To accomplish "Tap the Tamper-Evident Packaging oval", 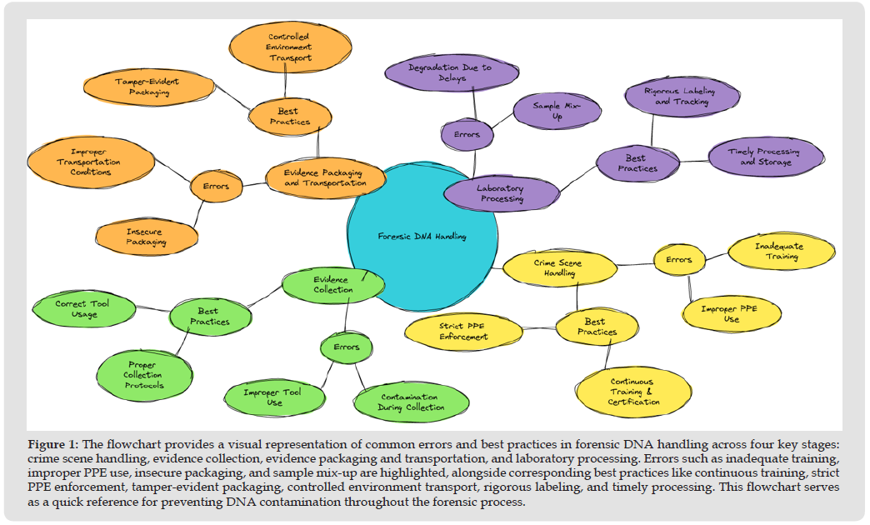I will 150,87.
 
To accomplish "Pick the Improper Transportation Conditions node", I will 90,162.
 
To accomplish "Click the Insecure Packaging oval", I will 147,237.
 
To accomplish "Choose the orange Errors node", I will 216,186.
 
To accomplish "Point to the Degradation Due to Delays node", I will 450,72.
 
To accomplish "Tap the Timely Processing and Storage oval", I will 764,157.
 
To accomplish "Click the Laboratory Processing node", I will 500,193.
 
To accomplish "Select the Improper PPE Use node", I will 731,313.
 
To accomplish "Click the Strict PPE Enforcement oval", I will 463,331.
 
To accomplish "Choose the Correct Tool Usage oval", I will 82,308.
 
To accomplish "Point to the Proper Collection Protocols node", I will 143,375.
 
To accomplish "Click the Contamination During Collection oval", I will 411,402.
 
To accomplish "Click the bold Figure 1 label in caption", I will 51,442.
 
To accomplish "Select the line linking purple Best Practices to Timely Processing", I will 693,160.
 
